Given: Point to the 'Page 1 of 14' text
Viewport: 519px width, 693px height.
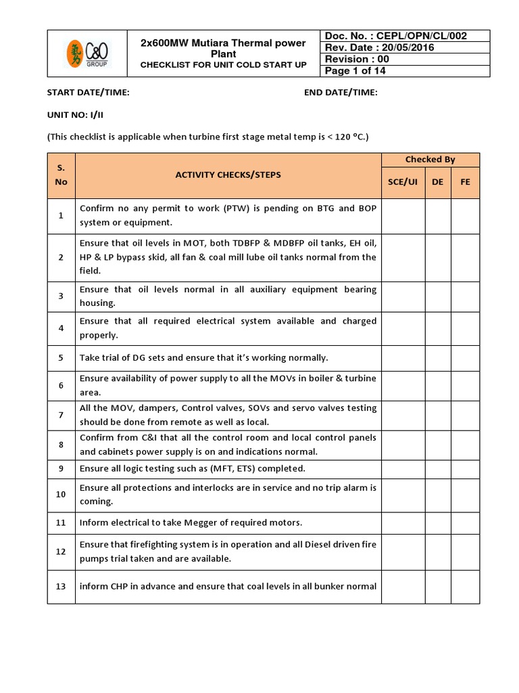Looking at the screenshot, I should click(355, 71).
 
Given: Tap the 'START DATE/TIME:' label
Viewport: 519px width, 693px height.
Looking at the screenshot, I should click(88, 93).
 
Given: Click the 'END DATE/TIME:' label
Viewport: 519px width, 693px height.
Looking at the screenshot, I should click(341, 93).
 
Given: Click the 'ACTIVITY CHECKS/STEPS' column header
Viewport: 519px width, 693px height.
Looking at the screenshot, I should click(228, 175).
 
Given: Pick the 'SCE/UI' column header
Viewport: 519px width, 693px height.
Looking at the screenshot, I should click(403, 182).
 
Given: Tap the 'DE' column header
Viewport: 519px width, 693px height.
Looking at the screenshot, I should click(438, 182).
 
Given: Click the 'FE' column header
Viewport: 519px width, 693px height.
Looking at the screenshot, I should click(465, 182).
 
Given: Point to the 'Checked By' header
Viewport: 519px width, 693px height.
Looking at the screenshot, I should click(430, 160).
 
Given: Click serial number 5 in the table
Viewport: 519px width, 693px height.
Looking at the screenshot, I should click(61, 357).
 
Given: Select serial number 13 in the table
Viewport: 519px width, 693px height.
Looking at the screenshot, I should click(61, 586).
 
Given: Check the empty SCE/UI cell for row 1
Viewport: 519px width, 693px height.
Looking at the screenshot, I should click(403, 216).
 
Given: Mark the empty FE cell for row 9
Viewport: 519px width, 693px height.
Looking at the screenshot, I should click(465, 468).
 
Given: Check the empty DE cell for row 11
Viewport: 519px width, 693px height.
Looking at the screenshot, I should click(438, 522).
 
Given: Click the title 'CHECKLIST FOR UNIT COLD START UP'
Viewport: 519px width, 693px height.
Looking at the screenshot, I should click(223, 65).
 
